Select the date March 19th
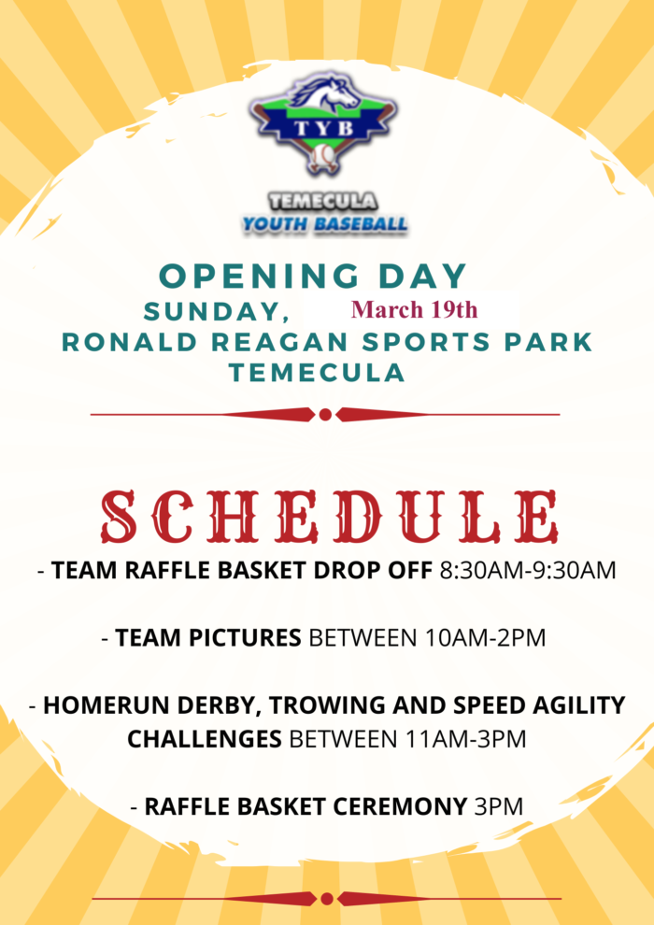[x=414, y=309]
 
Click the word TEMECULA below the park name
[x=318, y=373]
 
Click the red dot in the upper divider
[x=325, y=415]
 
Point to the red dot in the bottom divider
[x=327, y=899]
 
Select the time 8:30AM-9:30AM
[x=528, y=571]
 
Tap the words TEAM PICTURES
[x=208, y=638]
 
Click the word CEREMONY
[x=401, y=806]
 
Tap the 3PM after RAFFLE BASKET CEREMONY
[x=499, y=806]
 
